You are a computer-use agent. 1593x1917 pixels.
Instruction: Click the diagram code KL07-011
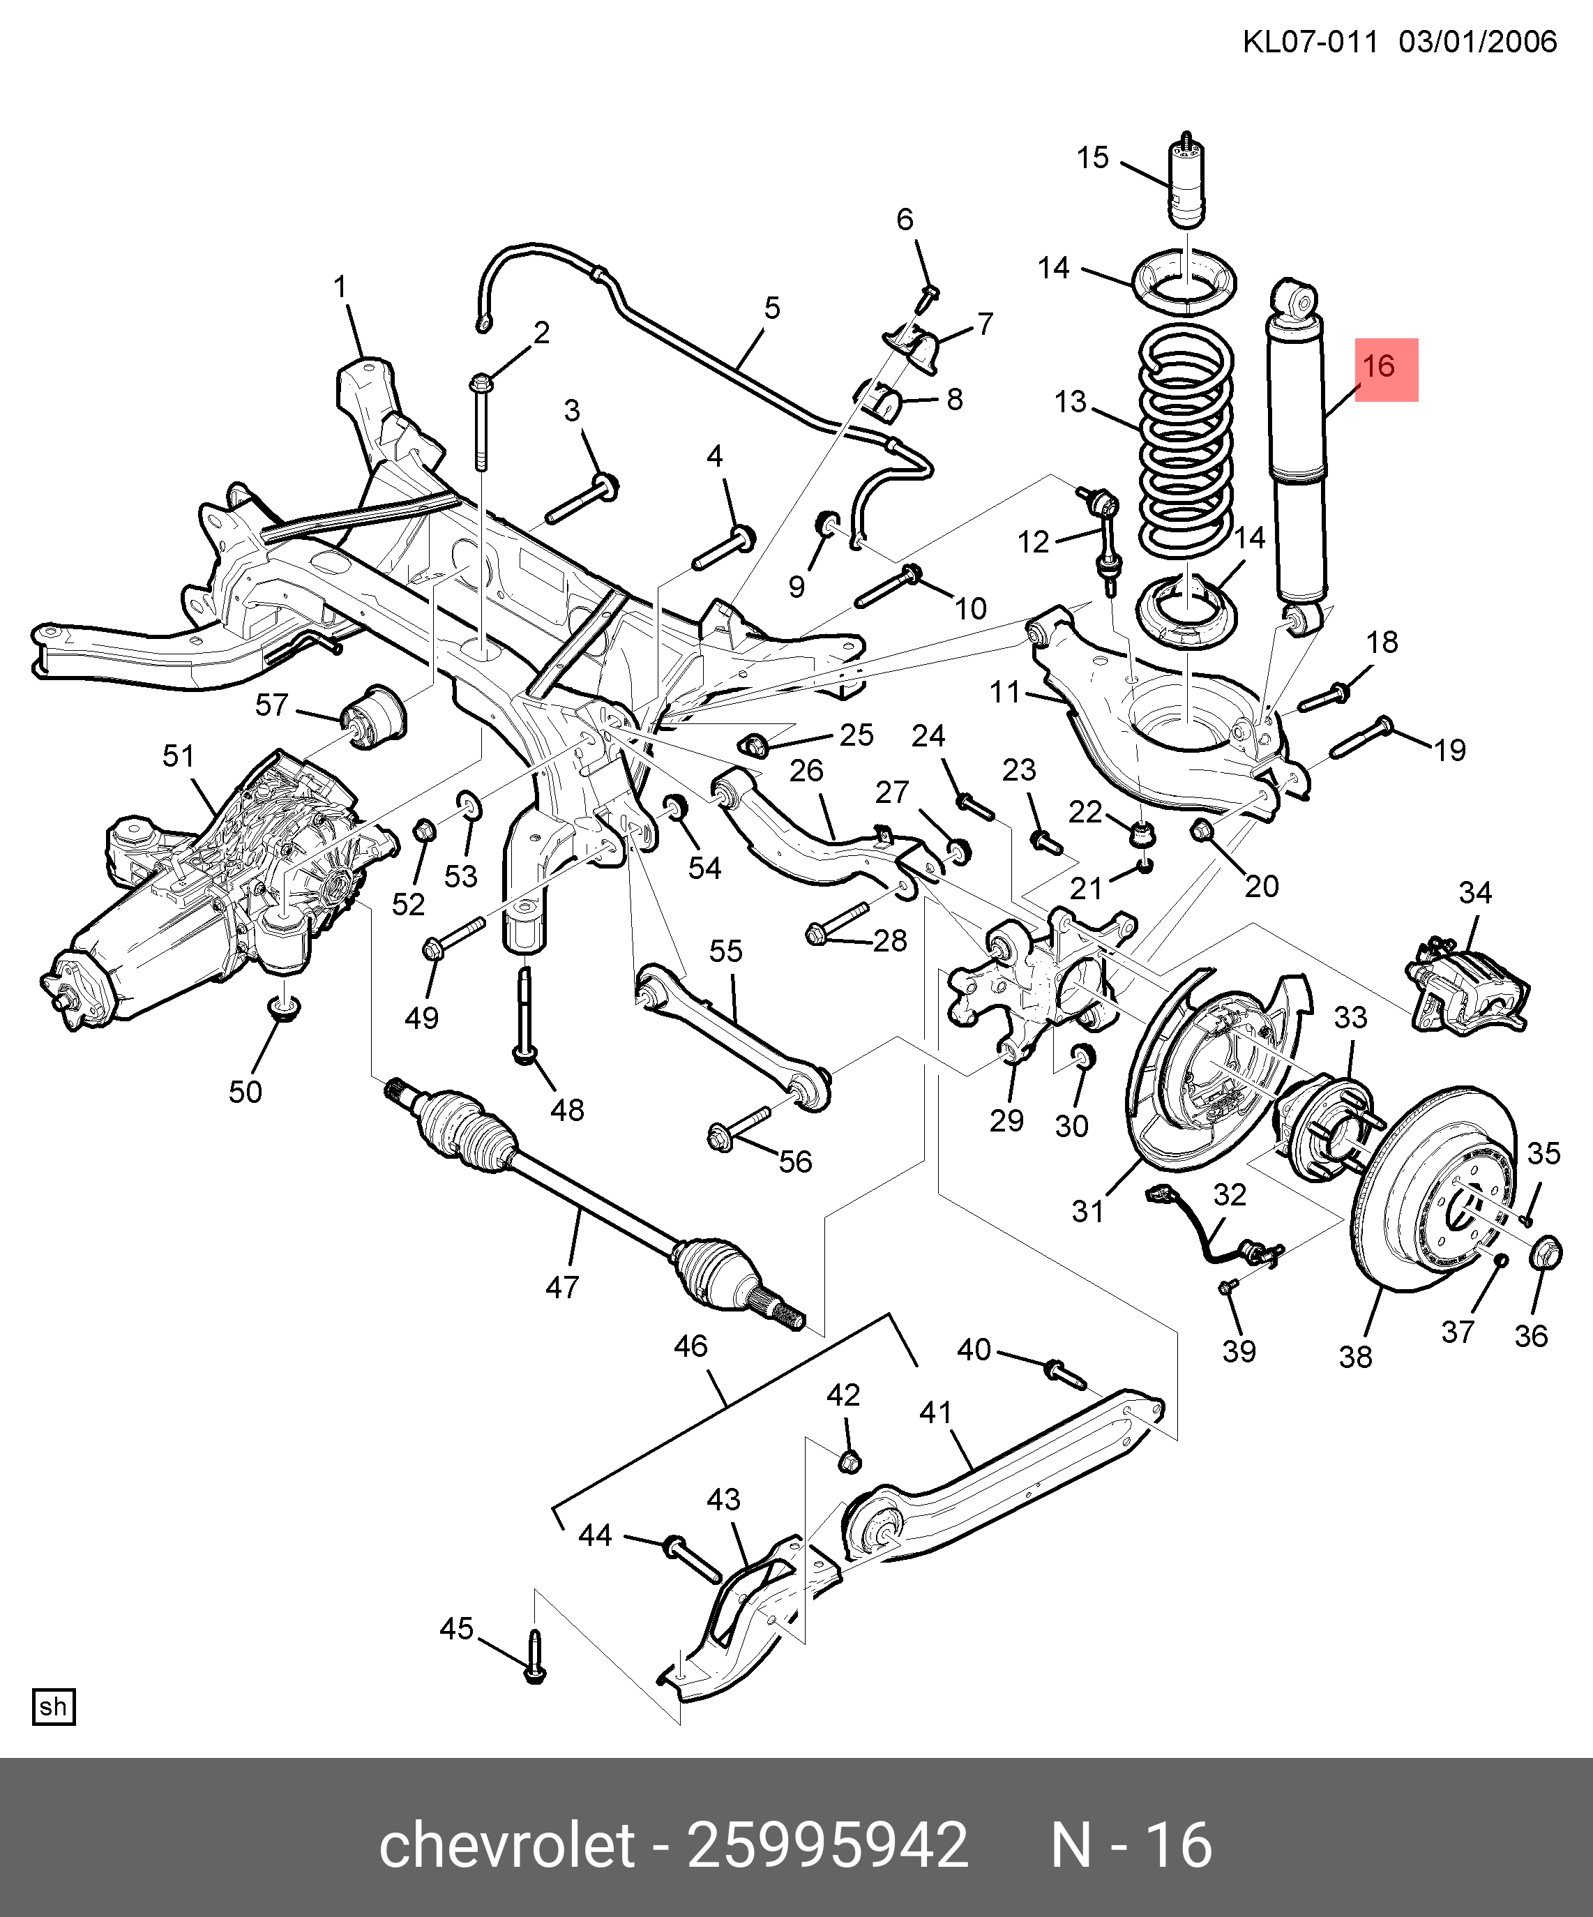coord(1309,42)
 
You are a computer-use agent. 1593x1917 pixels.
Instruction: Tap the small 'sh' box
coord(53,1706)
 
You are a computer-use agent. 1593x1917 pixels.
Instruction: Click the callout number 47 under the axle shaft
coord(562,1287)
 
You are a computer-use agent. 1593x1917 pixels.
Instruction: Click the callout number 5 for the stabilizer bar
coord(772,308)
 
